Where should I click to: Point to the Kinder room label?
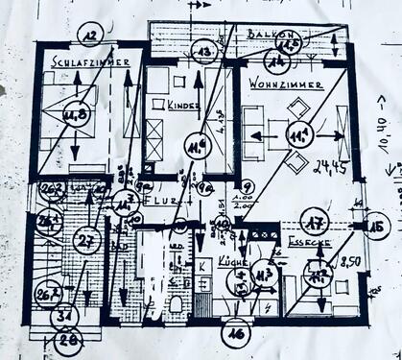point(181,105)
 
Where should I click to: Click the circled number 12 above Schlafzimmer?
point(90,37)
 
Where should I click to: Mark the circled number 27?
point(87,240)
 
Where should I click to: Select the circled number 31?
point(65,316)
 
